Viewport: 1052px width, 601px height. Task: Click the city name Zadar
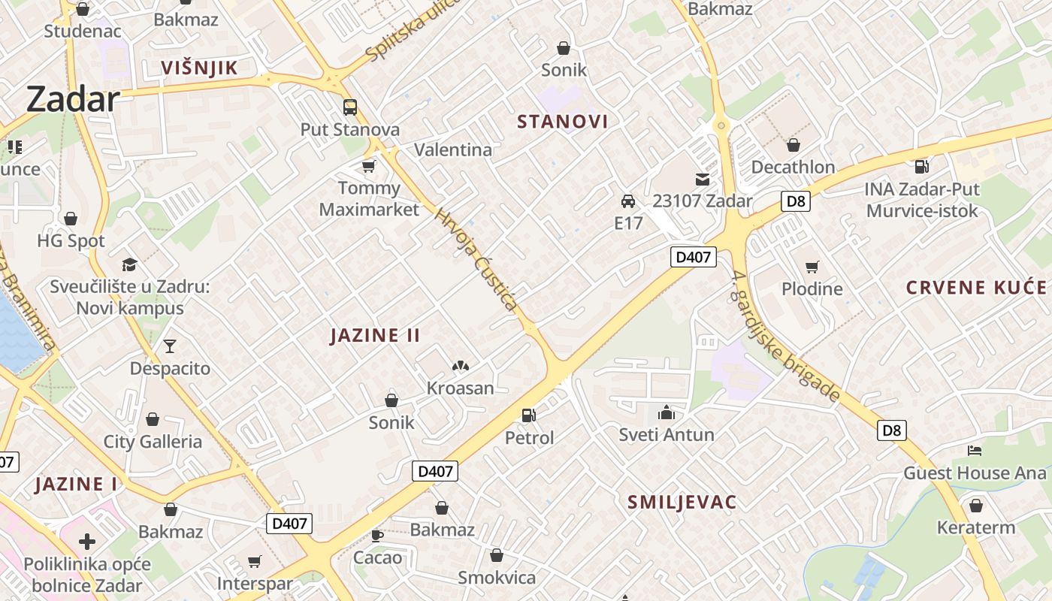(73, 99)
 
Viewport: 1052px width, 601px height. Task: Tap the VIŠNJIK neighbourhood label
(199, 68)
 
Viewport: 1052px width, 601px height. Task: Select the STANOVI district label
(563, 122)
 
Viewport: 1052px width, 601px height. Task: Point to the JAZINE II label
(375, 335)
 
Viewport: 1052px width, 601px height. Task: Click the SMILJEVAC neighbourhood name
(682, 503)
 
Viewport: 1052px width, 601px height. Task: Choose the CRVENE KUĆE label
(976, 288)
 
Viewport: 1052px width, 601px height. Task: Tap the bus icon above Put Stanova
(350, 107)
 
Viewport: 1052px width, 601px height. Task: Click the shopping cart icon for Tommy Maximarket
(368, 165)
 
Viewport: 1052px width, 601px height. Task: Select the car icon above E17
(628, 201)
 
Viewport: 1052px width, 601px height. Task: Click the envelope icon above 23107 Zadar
(702, 179)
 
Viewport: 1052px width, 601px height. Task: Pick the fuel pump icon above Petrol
(529, 415)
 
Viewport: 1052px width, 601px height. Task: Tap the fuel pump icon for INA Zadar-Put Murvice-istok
(922, 165)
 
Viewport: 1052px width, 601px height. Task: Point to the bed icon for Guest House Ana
(975, 451)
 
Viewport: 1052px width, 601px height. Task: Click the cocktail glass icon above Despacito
(170, 346)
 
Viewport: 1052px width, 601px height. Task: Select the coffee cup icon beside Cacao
(377, 536)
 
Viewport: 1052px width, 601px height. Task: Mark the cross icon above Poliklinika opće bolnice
(87, 541)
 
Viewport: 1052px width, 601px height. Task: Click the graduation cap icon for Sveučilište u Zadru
(130, 264)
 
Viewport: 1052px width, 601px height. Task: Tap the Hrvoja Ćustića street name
(476, 259)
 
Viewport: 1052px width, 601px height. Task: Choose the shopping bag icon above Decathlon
(793, 145)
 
